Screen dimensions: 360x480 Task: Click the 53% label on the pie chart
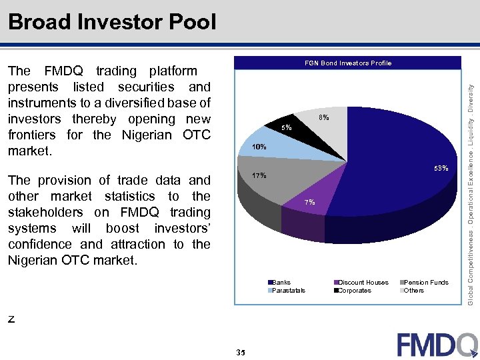[441, 169]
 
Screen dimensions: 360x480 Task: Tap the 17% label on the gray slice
[259, 176]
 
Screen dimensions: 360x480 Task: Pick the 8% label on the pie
[323, 117]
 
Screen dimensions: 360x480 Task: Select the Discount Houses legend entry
[363, 283]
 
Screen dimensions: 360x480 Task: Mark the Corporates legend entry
[354, 291]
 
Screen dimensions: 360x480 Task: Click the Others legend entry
[413, 291]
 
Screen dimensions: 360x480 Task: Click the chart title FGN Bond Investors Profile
[348, 63]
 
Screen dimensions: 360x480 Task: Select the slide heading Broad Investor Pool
[112, 22]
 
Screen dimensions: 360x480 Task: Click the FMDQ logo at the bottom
[437, 344]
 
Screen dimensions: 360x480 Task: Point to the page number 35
[241, 353]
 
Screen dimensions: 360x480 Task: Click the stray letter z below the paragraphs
[11, 319]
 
